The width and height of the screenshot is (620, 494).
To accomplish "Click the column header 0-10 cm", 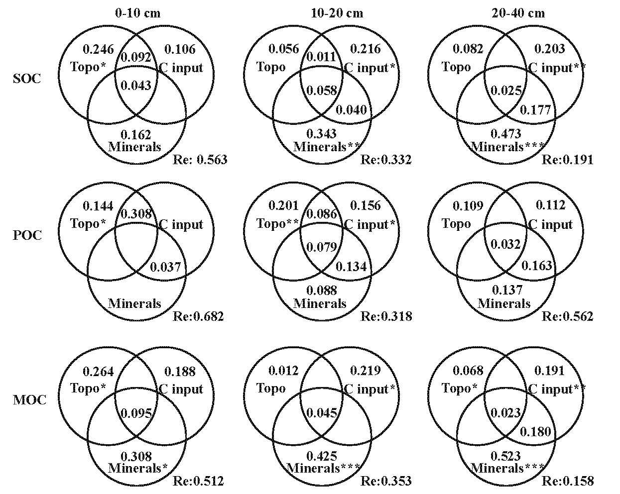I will (x=137, y=13).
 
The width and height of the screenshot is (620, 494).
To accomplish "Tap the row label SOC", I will (x=26, y=79).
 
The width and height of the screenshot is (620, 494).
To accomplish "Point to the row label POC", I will (x=26, y=235).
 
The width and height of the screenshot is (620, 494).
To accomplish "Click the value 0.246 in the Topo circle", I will (x=98, y=49).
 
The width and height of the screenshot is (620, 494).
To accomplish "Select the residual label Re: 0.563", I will (x=200, y=160).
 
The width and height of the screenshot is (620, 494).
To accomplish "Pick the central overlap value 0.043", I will (x=135, y=86).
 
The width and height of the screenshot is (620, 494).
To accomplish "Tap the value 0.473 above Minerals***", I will (x=506, y=134).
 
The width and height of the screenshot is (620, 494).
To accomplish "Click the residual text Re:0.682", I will (x=198, y=316).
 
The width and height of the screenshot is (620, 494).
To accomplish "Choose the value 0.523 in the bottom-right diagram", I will (x=506, y=456).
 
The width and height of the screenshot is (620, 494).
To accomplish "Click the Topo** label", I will (x=277, y=224).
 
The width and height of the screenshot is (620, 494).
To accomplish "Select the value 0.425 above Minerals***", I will (x=322, y=456).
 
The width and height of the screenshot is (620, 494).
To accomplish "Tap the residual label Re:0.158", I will (x=568, y=481).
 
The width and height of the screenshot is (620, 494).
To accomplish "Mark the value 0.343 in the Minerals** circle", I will (x=322, y=134).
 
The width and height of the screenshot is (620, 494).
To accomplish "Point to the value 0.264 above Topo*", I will (x=98, y=371).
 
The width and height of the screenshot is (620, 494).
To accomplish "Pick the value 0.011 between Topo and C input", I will (x=321, y=56).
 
